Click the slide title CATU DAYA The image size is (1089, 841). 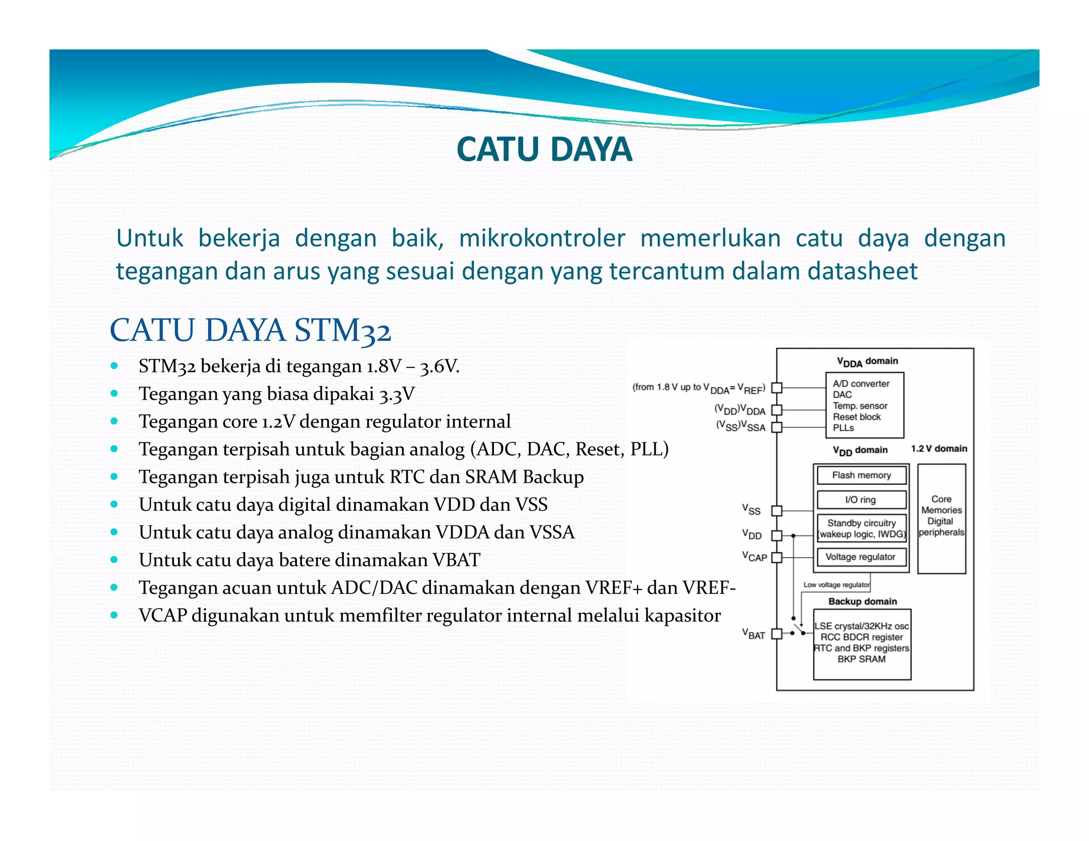(x=544, y=149)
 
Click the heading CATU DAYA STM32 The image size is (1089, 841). (x=250, y=330)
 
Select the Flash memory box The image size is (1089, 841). (x=861, y=475)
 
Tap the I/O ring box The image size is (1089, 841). (x=861, y=500)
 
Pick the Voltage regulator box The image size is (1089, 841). (x=861, y=557)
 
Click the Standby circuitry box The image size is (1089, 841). (x=861, y=528)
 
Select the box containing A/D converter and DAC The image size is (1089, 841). (x=864, y=405)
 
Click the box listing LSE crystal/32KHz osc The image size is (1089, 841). (x=862, y=644)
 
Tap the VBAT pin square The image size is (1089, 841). (x=777, y=634)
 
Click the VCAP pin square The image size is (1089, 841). (x=777, y=557)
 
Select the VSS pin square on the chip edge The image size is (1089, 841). (x=777, y=510)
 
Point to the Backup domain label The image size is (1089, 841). (x=862, y=601)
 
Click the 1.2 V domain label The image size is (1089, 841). (x=939, y=449)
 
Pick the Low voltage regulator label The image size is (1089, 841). (x=836, y=585)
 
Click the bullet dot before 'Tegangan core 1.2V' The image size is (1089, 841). (x=114, y=421)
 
